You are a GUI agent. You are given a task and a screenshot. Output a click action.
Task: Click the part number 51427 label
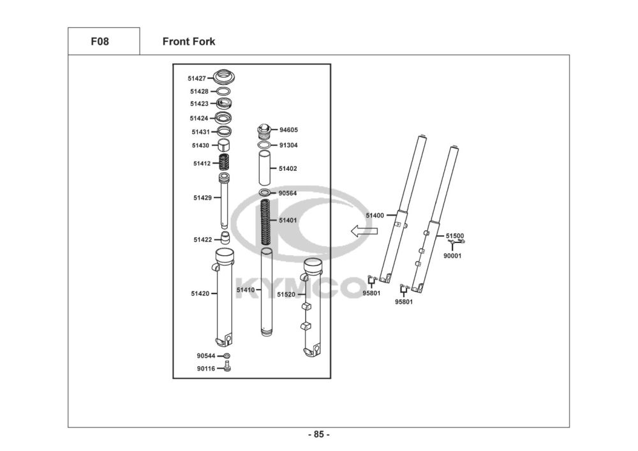tap(197, 78)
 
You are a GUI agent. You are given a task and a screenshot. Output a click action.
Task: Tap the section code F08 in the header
tap(100, 42)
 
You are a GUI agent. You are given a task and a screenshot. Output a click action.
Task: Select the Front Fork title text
tap(188, 42)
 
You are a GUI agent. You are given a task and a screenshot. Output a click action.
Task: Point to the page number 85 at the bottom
tap(319, 435)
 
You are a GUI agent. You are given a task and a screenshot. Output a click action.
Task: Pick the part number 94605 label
tap(288, 130)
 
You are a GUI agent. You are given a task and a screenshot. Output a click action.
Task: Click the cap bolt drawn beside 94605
tap(265, 131)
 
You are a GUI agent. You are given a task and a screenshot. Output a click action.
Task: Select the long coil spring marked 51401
tap(265, 221)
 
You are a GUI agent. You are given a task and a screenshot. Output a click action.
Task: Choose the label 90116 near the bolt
tap(205, 369)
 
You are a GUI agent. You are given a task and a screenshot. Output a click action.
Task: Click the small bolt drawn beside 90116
tap(226, 367)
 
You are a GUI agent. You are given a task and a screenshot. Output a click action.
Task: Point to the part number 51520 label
tap(286, 295)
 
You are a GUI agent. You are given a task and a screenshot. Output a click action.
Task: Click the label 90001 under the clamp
tap(452, 256)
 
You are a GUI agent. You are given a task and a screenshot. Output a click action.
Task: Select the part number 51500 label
tap(455, 235)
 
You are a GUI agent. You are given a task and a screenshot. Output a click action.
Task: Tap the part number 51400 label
tap(375, 216)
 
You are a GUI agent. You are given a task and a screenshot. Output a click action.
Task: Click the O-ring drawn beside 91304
tap(265, 145)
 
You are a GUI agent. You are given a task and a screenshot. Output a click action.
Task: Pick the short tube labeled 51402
tap(265, 168)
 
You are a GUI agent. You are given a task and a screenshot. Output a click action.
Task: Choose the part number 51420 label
tap(200, 293)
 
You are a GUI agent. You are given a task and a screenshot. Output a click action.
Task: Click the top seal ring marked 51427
tap(224, 77)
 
